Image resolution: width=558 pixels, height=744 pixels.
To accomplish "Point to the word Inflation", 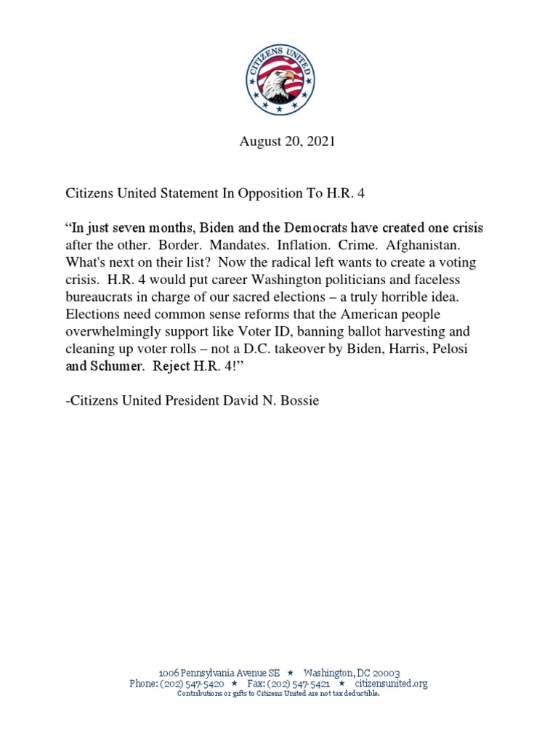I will pos(302,245).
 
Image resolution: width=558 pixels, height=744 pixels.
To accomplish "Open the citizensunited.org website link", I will pos(391,684).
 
